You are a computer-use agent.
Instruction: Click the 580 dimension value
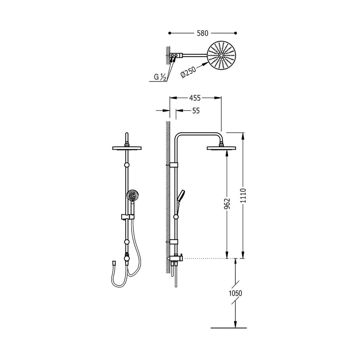(202, 33)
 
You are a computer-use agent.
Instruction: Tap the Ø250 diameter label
(188, 72)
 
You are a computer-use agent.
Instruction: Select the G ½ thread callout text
(160, 77)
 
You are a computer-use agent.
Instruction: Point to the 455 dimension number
(195, 98)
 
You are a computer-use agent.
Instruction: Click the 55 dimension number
(196, 111)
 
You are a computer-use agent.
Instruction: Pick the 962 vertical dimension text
(227, 203)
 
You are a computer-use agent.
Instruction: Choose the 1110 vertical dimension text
(243, 196)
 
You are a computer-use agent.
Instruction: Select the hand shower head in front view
(133, 195)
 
